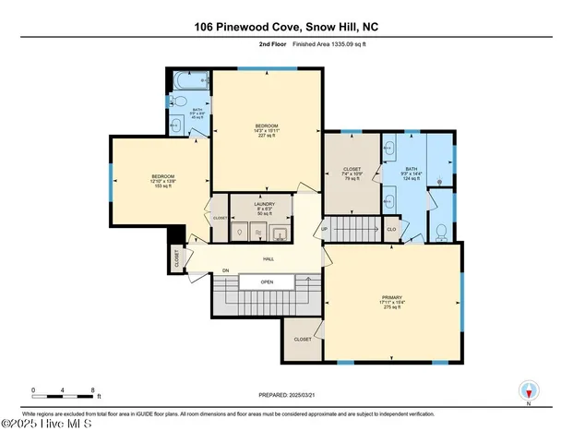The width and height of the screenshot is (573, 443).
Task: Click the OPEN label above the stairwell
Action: (267, 281)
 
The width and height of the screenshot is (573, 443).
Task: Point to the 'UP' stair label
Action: (324, 228)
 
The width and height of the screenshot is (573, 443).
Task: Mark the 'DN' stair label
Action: (224, 270)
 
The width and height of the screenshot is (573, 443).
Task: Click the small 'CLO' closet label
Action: (391, 228)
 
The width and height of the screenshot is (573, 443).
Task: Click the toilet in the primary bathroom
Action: (441, 231)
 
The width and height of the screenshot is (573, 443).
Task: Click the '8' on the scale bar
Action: (92, 389)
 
